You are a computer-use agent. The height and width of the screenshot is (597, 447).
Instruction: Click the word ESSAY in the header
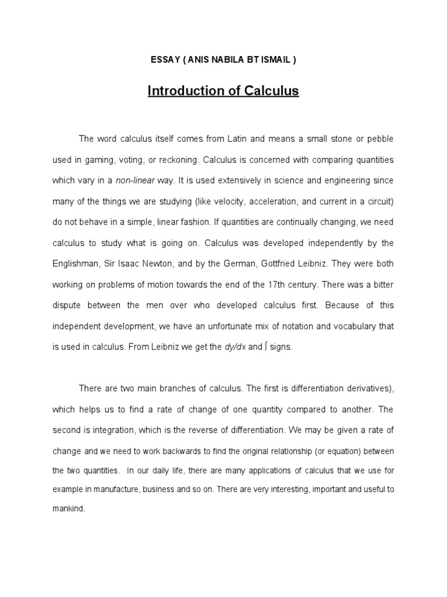[x=163, y=61]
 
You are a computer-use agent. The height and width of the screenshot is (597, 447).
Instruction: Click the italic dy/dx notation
[x=235, y=347]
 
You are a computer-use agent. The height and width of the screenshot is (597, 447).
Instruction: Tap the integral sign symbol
[x=266, y=347]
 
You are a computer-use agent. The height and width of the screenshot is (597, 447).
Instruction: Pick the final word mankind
[x=68, y=508]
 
